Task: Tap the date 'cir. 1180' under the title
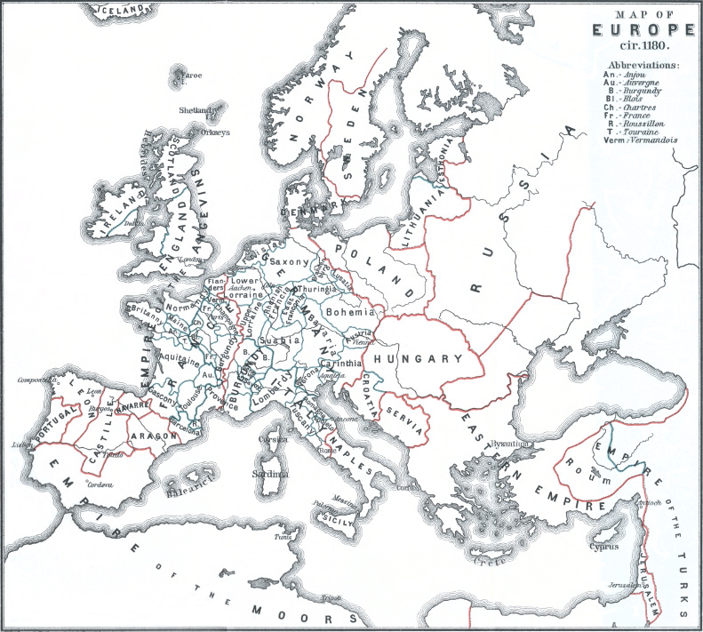coord(642,46)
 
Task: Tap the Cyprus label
coord(603,547)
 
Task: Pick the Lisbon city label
coord(16,443)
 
